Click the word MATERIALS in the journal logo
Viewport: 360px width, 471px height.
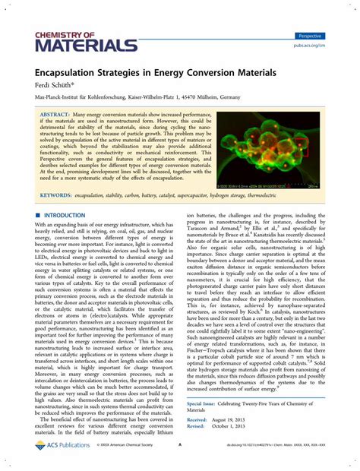tap(74, 46)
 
